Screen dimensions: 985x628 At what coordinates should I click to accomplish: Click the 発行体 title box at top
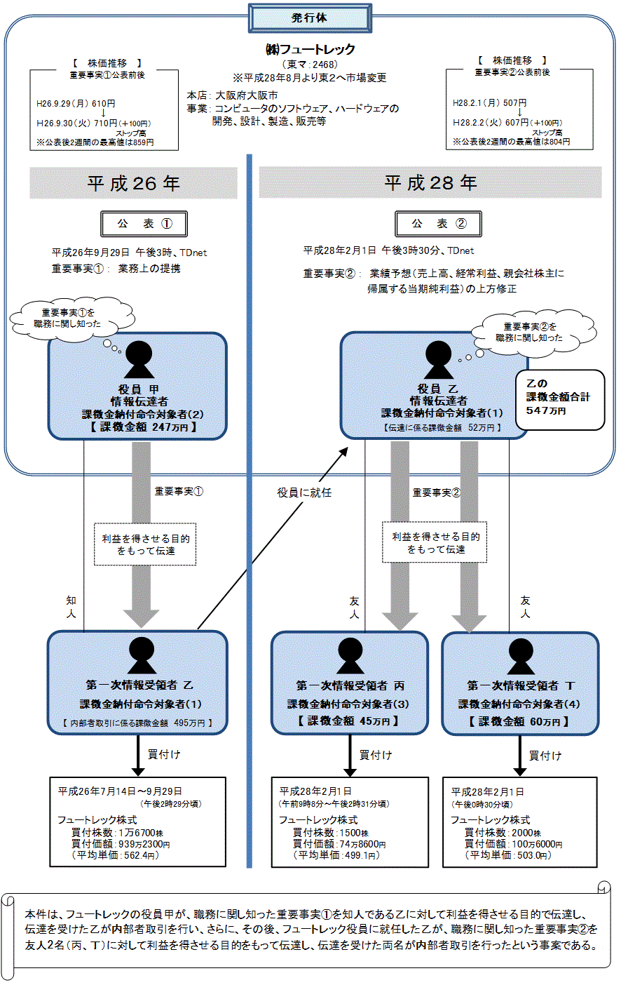point(309,18)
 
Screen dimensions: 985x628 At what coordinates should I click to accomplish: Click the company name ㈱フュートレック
point(310,49)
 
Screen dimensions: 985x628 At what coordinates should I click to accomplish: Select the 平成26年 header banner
point(133,183)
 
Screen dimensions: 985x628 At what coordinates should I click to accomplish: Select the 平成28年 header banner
point(430,183)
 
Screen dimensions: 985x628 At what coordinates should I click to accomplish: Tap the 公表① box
point(144,224)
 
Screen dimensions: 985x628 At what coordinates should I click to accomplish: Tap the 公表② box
point(440,224)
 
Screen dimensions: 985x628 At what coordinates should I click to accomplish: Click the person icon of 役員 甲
point(139,360)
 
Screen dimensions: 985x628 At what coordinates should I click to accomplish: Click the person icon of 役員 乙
point(439,360)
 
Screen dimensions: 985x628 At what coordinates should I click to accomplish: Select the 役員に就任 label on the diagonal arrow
point(304,492)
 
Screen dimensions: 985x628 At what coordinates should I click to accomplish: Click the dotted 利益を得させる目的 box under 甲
point(146,545)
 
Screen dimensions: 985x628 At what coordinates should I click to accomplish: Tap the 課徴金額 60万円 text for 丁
point(519,721)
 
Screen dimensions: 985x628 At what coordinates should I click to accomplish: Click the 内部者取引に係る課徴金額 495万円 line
point(137,723)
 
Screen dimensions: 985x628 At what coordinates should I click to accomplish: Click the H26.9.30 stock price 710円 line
point(94,123)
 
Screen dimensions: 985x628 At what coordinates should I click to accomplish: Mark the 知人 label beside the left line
point(71,607)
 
